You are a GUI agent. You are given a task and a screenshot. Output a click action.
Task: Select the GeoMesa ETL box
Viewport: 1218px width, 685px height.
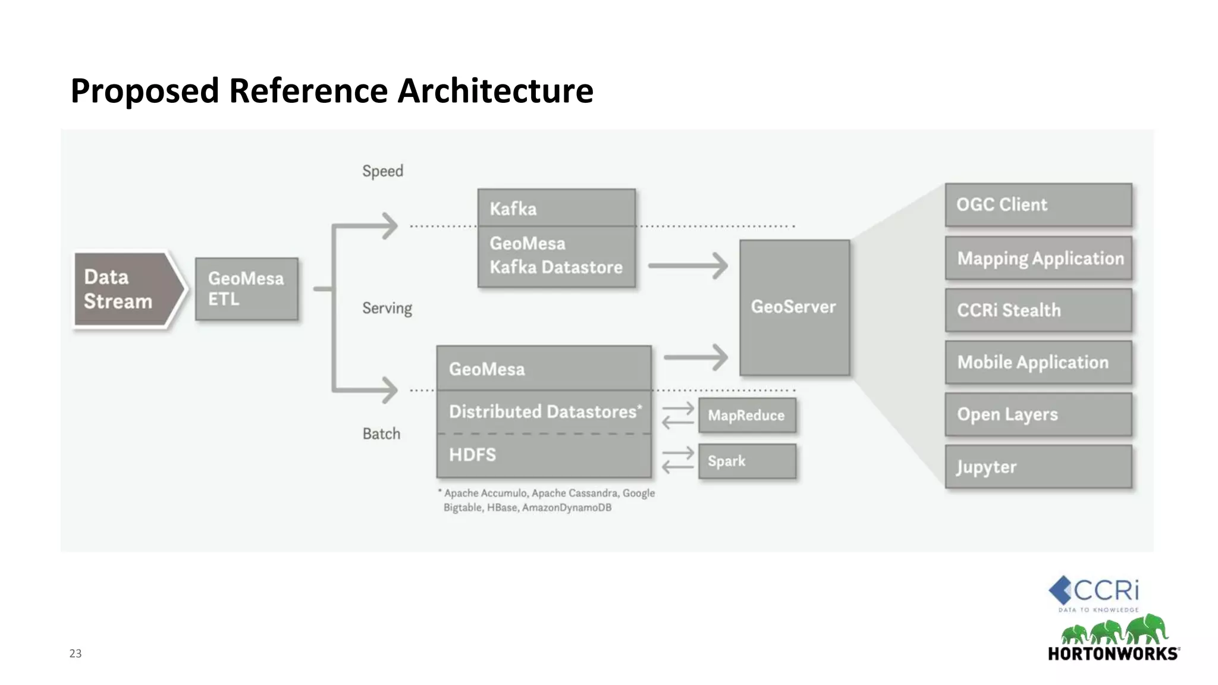pyautogui.click(x=246, y=289)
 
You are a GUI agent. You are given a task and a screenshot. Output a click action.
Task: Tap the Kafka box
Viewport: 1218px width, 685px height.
pyautogui.click(x=556, y=208)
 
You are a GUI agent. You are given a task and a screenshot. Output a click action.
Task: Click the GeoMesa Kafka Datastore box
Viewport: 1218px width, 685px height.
pyautogui.click(x=556, y=256)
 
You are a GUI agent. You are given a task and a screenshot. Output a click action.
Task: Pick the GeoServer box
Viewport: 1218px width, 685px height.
pyautogui.click(x=794, y=307)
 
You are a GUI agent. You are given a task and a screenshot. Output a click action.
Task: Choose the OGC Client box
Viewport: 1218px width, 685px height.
pyautogui.click(x=1038, y=205)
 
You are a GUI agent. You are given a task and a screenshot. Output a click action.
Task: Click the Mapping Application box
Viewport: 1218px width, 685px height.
pyautogui.click(x=1038, y=258)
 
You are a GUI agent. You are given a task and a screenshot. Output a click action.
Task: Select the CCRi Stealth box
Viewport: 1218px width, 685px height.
pyautogui.click(x=1038, y=310)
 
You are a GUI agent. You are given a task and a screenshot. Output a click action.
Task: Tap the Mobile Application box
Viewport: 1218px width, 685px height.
pyautogui.click(x=1038, y=362)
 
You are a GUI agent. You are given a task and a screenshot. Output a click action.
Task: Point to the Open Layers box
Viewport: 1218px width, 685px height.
pyautogui.click(x=1038, y=414)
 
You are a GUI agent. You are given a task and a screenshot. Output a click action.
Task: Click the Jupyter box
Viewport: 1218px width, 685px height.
pyautogui.click(x=1038, y=467)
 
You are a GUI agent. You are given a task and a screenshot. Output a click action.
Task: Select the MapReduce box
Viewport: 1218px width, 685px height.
pyautogui.click(x=747, y=415)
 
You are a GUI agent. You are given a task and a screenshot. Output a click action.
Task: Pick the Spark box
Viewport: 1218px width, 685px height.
pyautogui.click(x=747, y=461)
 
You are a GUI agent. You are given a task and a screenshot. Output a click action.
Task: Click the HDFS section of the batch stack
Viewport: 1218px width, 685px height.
pyautogui.click(x=544, y=455)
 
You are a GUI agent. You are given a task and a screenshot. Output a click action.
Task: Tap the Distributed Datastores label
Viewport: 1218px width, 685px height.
pyautogui.click(x=545, y=411)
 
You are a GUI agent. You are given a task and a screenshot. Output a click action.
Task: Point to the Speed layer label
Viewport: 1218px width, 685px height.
pyautogui.click(x=382, y=171)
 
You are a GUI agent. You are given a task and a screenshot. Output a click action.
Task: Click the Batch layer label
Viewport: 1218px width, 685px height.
pyautogui.click(x=381, y=433)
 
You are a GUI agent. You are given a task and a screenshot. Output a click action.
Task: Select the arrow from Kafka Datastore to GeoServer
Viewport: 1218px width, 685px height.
pyautogui.click(x=688, y=266)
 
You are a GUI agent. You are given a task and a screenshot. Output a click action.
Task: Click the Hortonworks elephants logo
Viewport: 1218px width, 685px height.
pyautogui.click(x=1114, y=630)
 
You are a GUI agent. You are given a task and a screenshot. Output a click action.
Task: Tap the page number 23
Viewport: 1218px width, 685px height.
pyautogui.click(x=76, y=653)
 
